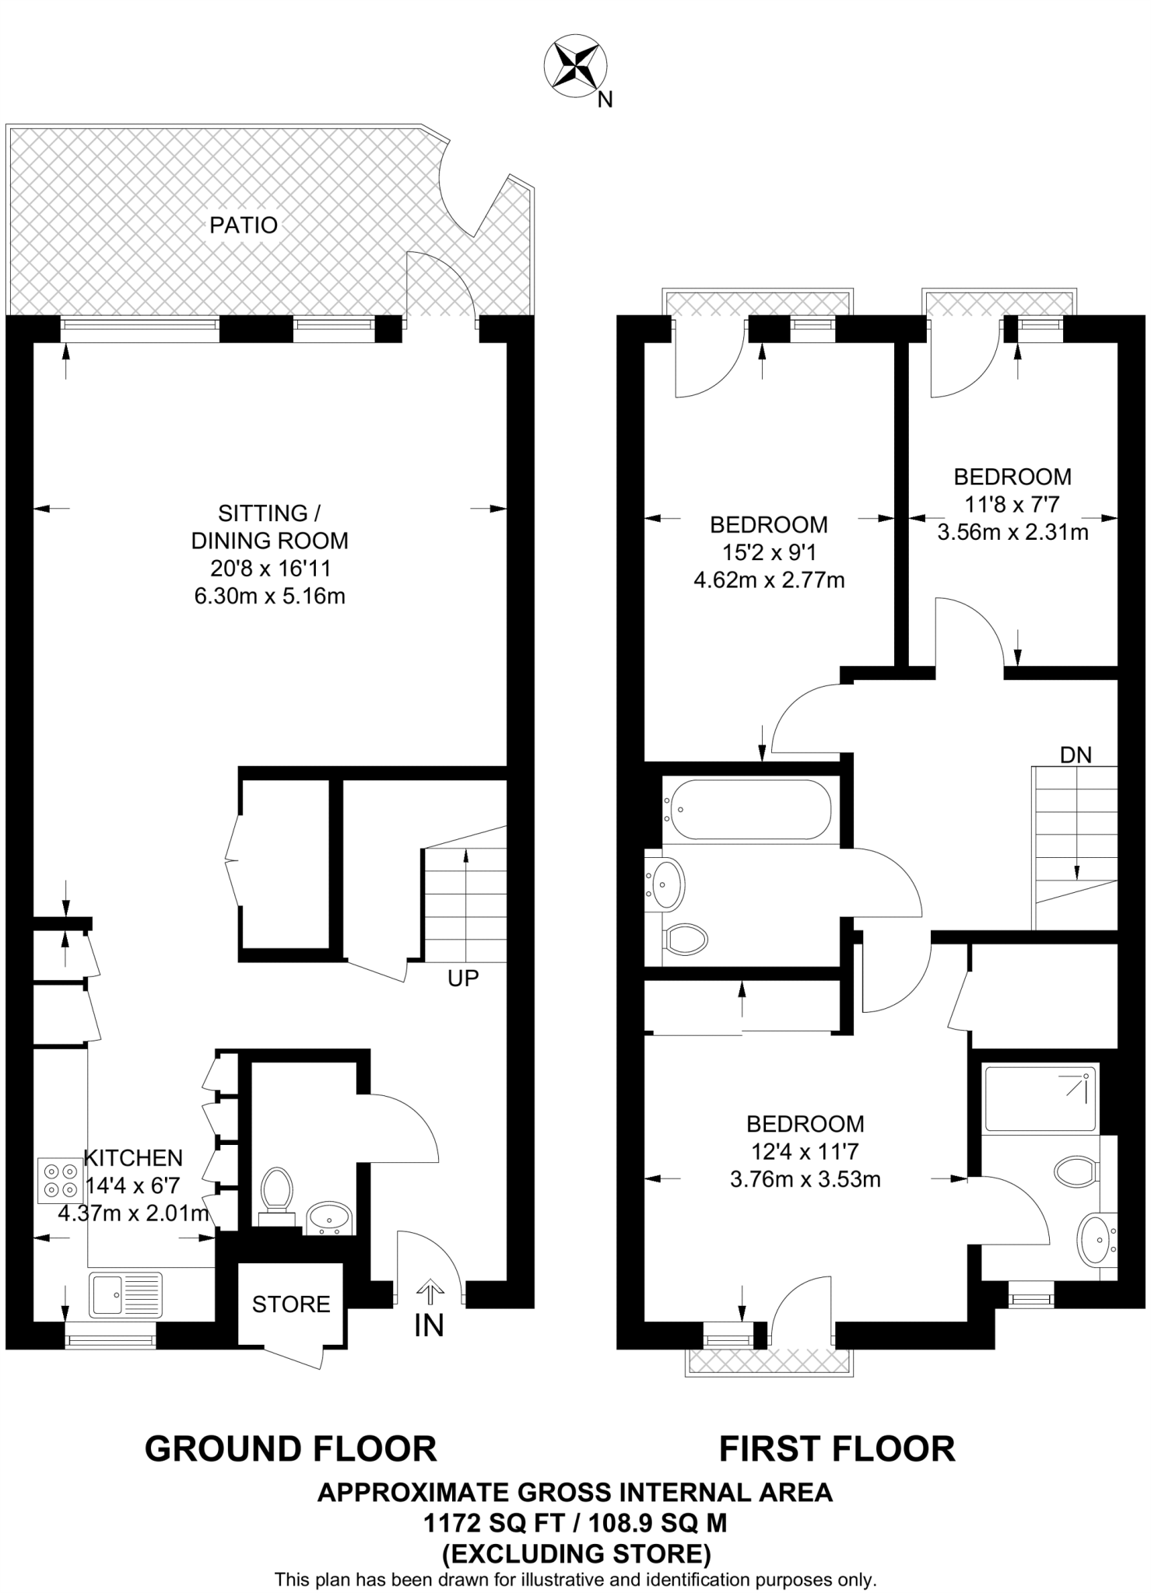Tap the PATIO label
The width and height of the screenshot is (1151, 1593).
point(244,226)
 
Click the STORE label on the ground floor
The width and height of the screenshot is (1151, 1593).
point(290,1304)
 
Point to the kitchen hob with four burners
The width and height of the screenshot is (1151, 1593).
point(60,1180)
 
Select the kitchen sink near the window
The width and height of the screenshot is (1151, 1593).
point(125,1295)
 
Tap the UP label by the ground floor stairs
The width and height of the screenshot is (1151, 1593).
point(463,979)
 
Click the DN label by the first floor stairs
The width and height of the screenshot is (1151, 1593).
point(1076,755)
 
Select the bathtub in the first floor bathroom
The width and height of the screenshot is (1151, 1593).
point(746,810)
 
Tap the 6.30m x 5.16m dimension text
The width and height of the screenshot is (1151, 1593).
point(269,597)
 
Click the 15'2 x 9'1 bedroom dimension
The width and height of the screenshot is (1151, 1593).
point(768,552)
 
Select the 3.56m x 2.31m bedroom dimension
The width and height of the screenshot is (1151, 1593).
point(1012,533)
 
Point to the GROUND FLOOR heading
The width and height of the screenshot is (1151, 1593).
point(290,1449)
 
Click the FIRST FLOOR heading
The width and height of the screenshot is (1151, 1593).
point(837,1449)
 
